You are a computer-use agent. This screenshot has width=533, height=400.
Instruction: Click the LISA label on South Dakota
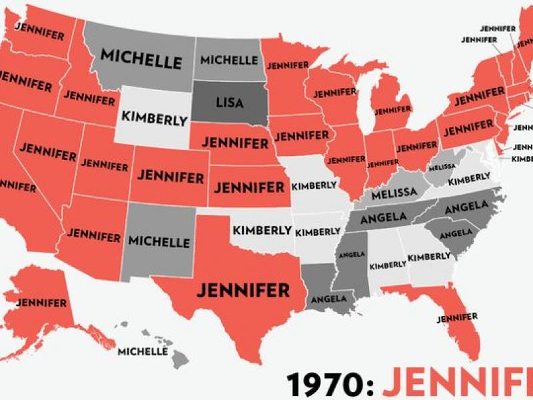tap(230, 103)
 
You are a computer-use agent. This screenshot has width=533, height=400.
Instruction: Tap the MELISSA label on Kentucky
tap(394, 193)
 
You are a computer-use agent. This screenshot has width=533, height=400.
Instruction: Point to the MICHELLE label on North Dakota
tap(229, 60)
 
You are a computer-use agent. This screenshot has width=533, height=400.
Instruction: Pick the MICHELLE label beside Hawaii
tap(141, 351)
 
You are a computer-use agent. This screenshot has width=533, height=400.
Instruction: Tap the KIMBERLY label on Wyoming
tap(154, 117)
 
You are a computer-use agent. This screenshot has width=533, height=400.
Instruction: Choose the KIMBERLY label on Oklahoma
tap(262, 231)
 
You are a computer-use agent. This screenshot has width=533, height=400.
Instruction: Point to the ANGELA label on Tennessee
tap(384, 218)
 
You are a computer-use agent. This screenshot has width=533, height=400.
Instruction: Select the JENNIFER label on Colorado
tap(171, 177)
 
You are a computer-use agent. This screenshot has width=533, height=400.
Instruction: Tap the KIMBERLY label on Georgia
tap(429, 257)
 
